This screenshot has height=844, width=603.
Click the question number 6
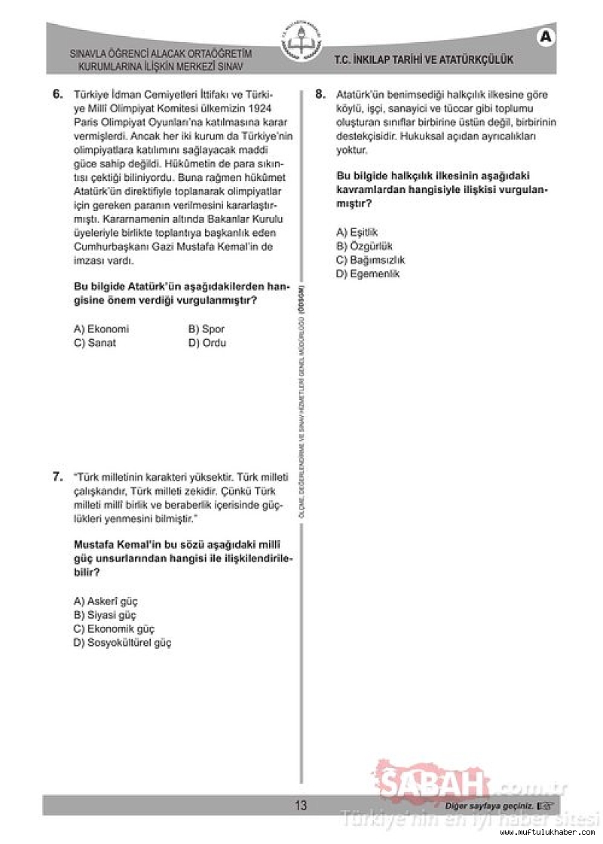pyautogui.click(x=57, y=95)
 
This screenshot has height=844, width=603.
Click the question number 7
pyautogui.click(x=57, y=476)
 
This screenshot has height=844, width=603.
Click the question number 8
pyautogui.click(x=320, y=95)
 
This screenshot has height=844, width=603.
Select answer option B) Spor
pyautogui.click(x=207, y=329)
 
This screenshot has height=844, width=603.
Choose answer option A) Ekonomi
pyautogui.click(x=101, y=329)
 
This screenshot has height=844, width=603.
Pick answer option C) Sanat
pyautogui.click(x=95, y=343)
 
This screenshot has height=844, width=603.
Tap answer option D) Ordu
pyautogui.click(x=207, y=343)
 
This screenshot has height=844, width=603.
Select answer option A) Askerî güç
pyautogui.click(x=106, y=601)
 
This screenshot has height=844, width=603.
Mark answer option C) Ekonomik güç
pyautogui.click(x=114, y=628)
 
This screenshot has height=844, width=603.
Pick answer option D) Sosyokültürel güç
pyautogui.click(x=122, y=643)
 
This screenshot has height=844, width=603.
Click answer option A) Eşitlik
pyautogui.click(x=357, y=232)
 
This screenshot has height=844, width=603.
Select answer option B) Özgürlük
pyautogui.click(x=364, y=246)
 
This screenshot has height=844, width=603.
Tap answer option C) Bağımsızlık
pyautogui.click(x=370, y=260)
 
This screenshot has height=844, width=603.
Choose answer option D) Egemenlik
pyautogui.click(x=368, y=274)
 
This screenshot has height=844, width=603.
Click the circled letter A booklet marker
pyautogui.click(x=546, y=36)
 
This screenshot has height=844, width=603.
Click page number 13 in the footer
pyautogui.click(x=301, y=806)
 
